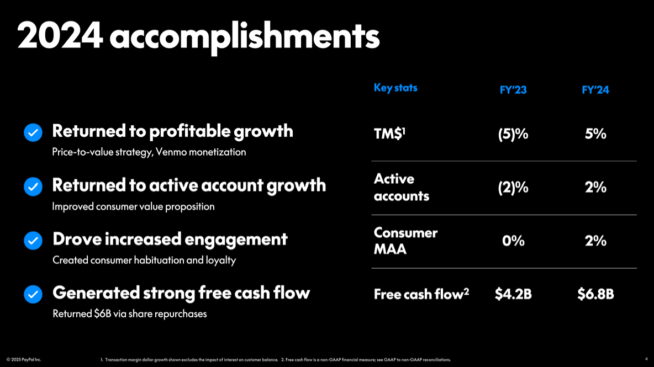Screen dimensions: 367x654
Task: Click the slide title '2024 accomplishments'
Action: pos(198,36)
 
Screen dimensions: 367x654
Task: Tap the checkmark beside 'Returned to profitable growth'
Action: pos(33,133)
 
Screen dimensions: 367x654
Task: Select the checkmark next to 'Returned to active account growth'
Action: pos(33,187)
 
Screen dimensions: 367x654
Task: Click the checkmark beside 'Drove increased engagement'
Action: pos(33,241)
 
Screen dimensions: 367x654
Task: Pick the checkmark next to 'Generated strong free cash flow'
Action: pos(33,294)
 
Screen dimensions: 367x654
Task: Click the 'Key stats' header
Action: pos(395,88)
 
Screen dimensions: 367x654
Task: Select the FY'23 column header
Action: pos(513,89)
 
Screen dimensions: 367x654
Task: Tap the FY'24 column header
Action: pos(595,89)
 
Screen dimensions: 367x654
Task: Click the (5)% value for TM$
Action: pos(513,134)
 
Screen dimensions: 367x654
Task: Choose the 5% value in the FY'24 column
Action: pos(595,134)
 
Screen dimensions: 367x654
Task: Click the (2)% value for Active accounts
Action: pos(513,188)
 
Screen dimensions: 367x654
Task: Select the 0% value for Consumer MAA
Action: pos(513,241)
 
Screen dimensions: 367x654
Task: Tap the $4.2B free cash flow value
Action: pos(513,294)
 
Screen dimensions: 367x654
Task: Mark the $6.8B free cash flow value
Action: pos(595,294)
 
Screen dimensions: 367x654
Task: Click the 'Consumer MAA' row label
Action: pos(405,241)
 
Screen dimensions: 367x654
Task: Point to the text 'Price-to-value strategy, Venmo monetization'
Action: pos(149,152)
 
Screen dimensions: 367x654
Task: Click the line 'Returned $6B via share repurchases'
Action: pos(129,313)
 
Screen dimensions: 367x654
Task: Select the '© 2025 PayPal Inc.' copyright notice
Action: pos(24,360)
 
